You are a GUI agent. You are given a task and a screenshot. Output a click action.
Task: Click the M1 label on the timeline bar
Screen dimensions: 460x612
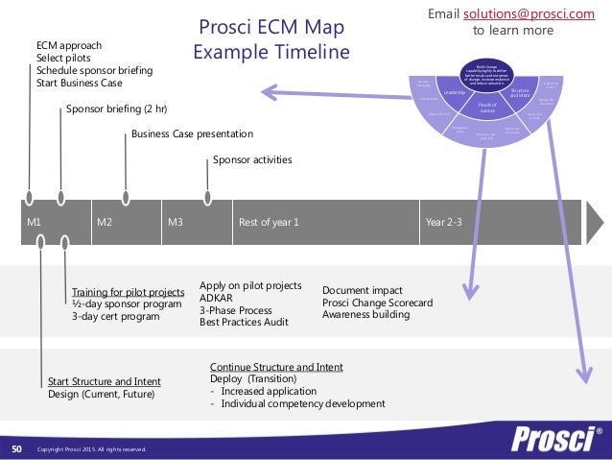pos(34,222)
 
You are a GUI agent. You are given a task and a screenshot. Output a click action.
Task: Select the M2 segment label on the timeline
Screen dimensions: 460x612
pos(106,222)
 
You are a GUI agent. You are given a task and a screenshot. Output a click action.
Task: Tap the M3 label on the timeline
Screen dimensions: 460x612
pos(176,222)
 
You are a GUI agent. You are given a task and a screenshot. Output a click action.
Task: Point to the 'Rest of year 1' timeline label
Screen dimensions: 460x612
pos(269,222)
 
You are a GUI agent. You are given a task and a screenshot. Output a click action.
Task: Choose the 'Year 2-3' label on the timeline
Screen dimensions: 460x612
pos(443,222)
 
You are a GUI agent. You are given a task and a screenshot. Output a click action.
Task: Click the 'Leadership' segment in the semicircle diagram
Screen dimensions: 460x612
pos(454,92)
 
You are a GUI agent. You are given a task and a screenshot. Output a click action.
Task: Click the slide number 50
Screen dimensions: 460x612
pos(16,448)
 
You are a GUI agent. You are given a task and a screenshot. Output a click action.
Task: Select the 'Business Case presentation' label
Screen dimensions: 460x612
pos(192,134)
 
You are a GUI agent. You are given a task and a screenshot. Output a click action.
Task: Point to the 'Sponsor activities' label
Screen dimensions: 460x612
pos(252,160)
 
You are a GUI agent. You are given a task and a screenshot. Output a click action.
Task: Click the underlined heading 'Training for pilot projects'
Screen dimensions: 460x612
pos(128,291)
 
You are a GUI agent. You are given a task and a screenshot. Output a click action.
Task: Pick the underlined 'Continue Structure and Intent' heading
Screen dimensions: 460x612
pos(276,367)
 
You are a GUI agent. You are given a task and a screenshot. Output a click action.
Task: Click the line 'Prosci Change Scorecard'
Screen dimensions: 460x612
pos(377,303)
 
